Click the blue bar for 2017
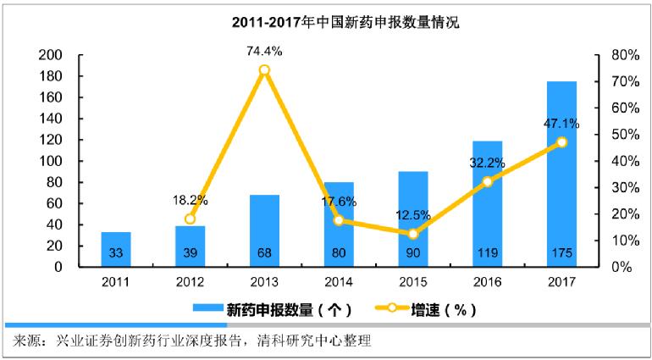[561, 174]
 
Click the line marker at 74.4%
[264, 70]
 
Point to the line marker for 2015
[412, 234]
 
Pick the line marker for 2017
[561, 142]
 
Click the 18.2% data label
[191, 201]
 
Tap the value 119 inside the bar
[487, 252]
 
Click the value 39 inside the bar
[191, 252]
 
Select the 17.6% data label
[340, 202]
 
